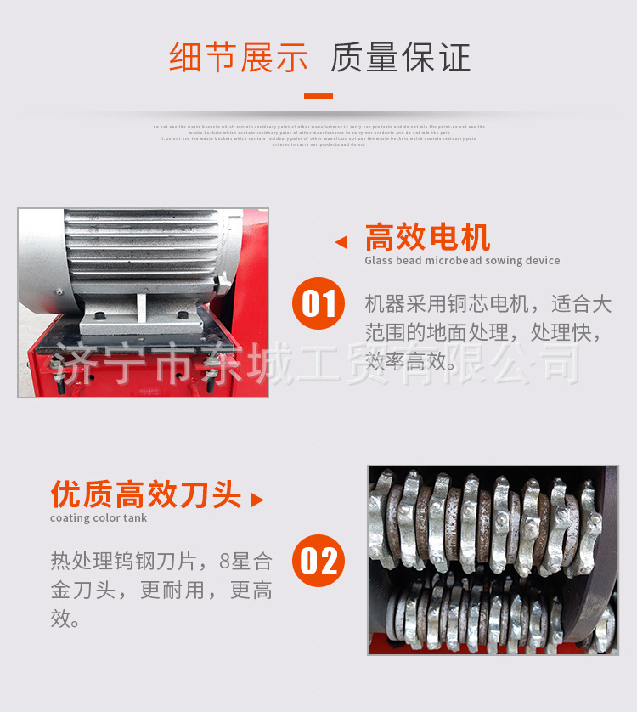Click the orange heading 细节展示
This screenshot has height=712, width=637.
point(239,58)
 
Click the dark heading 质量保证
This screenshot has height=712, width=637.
point(400,58)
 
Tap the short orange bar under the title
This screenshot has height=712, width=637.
point(318,96)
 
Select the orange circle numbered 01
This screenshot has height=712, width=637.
point(318,303)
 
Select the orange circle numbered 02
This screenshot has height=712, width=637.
point(318,561)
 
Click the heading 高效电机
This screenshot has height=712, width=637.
point(428,238)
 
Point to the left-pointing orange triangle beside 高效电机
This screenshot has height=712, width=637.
point(341,242)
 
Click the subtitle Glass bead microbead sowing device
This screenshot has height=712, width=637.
point(462,261)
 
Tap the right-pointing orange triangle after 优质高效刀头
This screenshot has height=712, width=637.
point(256,500)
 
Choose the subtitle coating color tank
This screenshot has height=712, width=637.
point(99,518)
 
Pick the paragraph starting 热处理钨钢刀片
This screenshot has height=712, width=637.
point(161,590)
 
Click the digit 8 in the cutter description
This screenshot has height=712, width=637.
point(225,562)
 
